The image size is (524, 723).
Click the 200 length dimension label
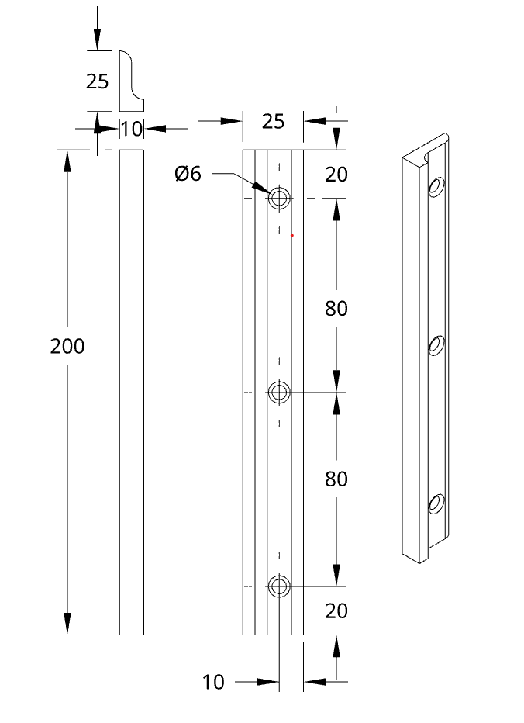[x=67, y=346]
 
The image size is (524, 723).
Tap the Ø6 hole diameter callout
[x=188, y=174]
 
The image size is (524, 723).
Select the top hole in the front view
[x=279, y=199]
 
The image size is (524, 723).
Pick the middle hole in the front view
[x=279, y=393]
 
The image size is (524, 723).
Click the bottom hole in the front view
[x=279, y=586]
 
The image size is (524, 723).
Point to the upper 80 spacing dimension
[x=336, y=309]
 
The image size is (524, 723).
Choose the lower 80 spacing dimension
[x=336, y=479]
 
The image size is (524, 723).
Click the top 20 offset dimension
[x=336, y=175]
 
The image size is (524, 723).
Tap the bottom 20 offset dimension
[x=336, y=611]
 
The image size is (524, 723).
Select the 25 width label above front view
[x=274, y=121]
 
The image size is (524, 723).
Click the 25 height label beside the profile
[x=97, y=81]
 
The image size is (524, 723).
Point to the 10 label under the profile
[x=132, y=129]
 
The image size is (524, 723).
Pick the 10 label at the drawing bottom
[x=213, y=682]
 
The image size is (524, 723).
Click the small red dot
[x=291, y=236]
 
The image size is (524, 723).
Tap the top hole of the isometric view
[x=436, y=187]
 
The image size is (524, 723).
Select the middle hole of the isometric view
[x=436, y=346]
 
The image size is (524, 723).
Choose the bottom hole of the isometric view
[x=436, y=504]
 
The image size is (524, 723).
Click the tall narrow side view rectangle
[x=131, y=393]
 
